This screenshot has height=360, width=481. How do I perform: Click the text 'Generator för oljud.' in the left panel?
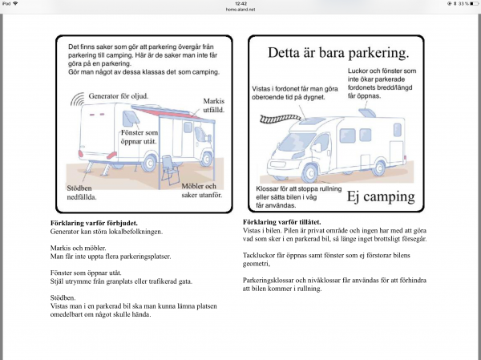119,93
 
